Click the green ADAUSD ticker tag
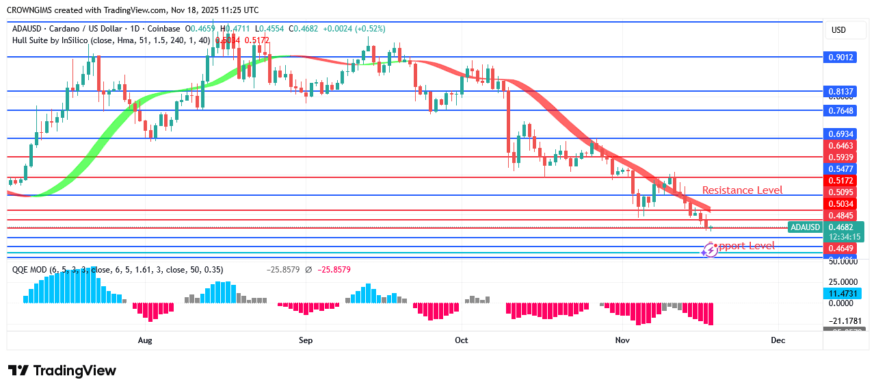(x=805, y=227)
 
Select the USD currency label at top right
(x=838, y=30)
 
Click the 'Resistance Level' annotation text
(x=742, y=190)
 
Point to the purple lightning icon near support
(x=709, y=250)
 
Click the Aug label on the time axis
(x=144, y=340)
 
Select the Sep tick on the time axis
(x=305, y=340)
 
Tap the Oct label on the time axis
(x=461, y=340)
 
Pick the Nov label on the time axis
(x=622, y=340)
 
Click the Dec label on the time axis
(x=778, y=340)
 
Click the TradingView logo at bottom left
(x=62, y=370)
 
